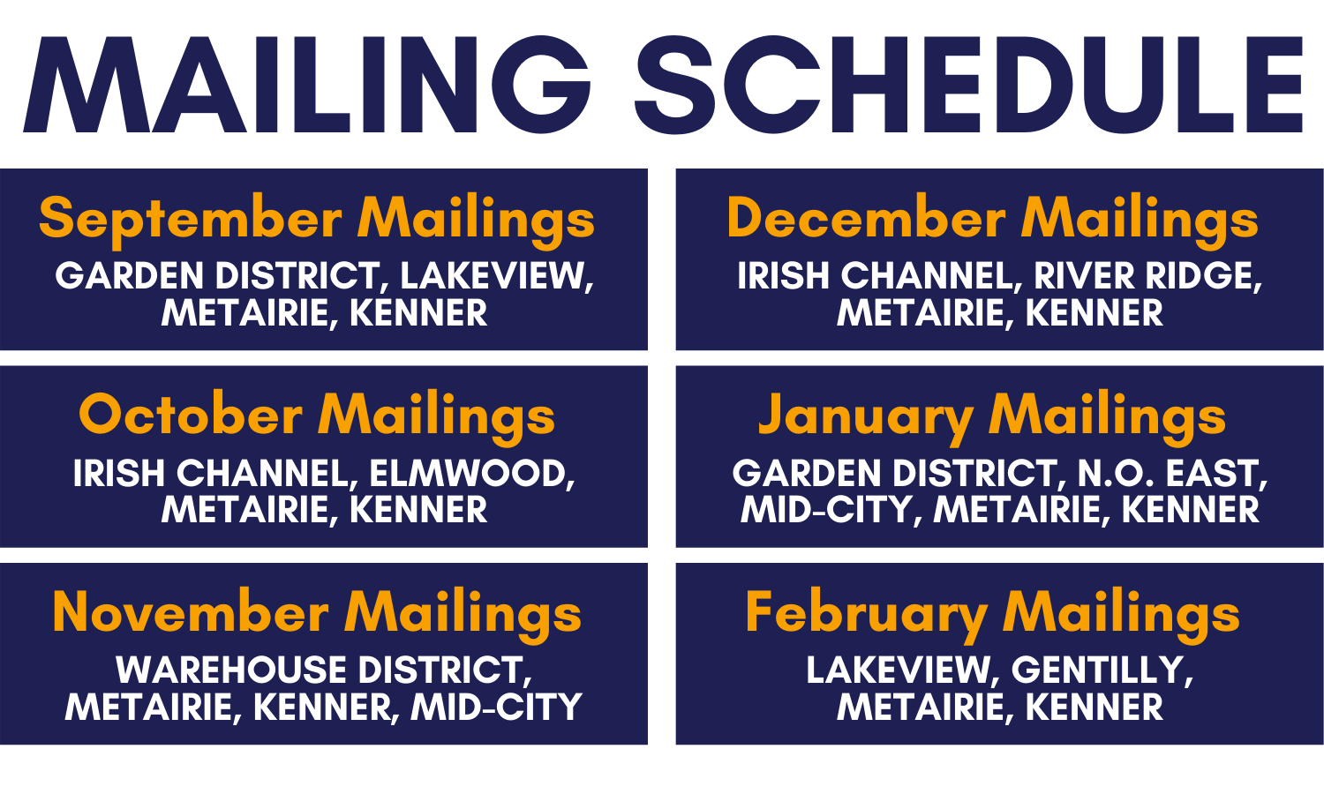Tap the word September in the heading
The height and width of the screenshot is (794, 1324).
(x=190, y=219)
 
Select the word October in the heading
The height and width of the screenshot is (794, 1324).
(x=191, y=415)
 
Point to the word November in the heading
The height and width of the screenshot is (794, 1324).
(x=191, y=612)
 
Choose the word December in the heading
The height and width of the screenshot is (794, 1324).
(x=866, y=218)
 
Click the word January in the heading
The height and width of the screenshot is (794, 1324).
(x=865, y=416)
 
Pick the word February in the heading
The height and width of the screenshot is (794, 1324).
(x=866, y=614)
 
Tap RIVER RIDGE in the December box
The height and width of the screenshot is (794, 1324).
(x=1147, y=276)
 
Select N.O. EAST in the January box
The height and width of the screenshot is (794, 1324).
(x=1172, y=474)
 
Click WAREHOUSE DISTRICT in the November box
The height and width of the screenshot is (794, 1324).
(x=323, y=670)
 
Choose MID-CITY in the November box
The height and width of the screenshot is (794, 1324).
(x=497, y=708)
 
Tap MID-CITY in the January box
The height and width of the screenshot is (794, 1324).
(x=825, y=510)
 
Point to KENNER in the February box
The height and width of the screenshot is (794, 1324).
(x=1095, y=708)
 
